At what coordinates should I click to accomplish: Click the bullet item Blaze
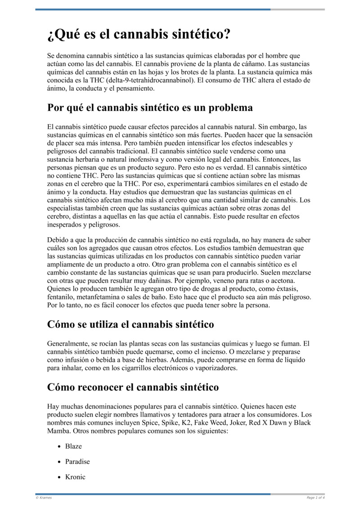[73, 446]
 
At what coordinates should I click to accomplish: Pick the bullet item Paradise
[77, 462]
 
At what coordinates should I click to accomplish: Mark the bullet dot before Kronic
[59, 477]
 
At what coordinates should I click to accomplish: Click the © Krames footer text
[44, 498]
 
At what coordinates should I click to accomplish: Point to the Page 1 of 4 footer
[315, 498]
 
